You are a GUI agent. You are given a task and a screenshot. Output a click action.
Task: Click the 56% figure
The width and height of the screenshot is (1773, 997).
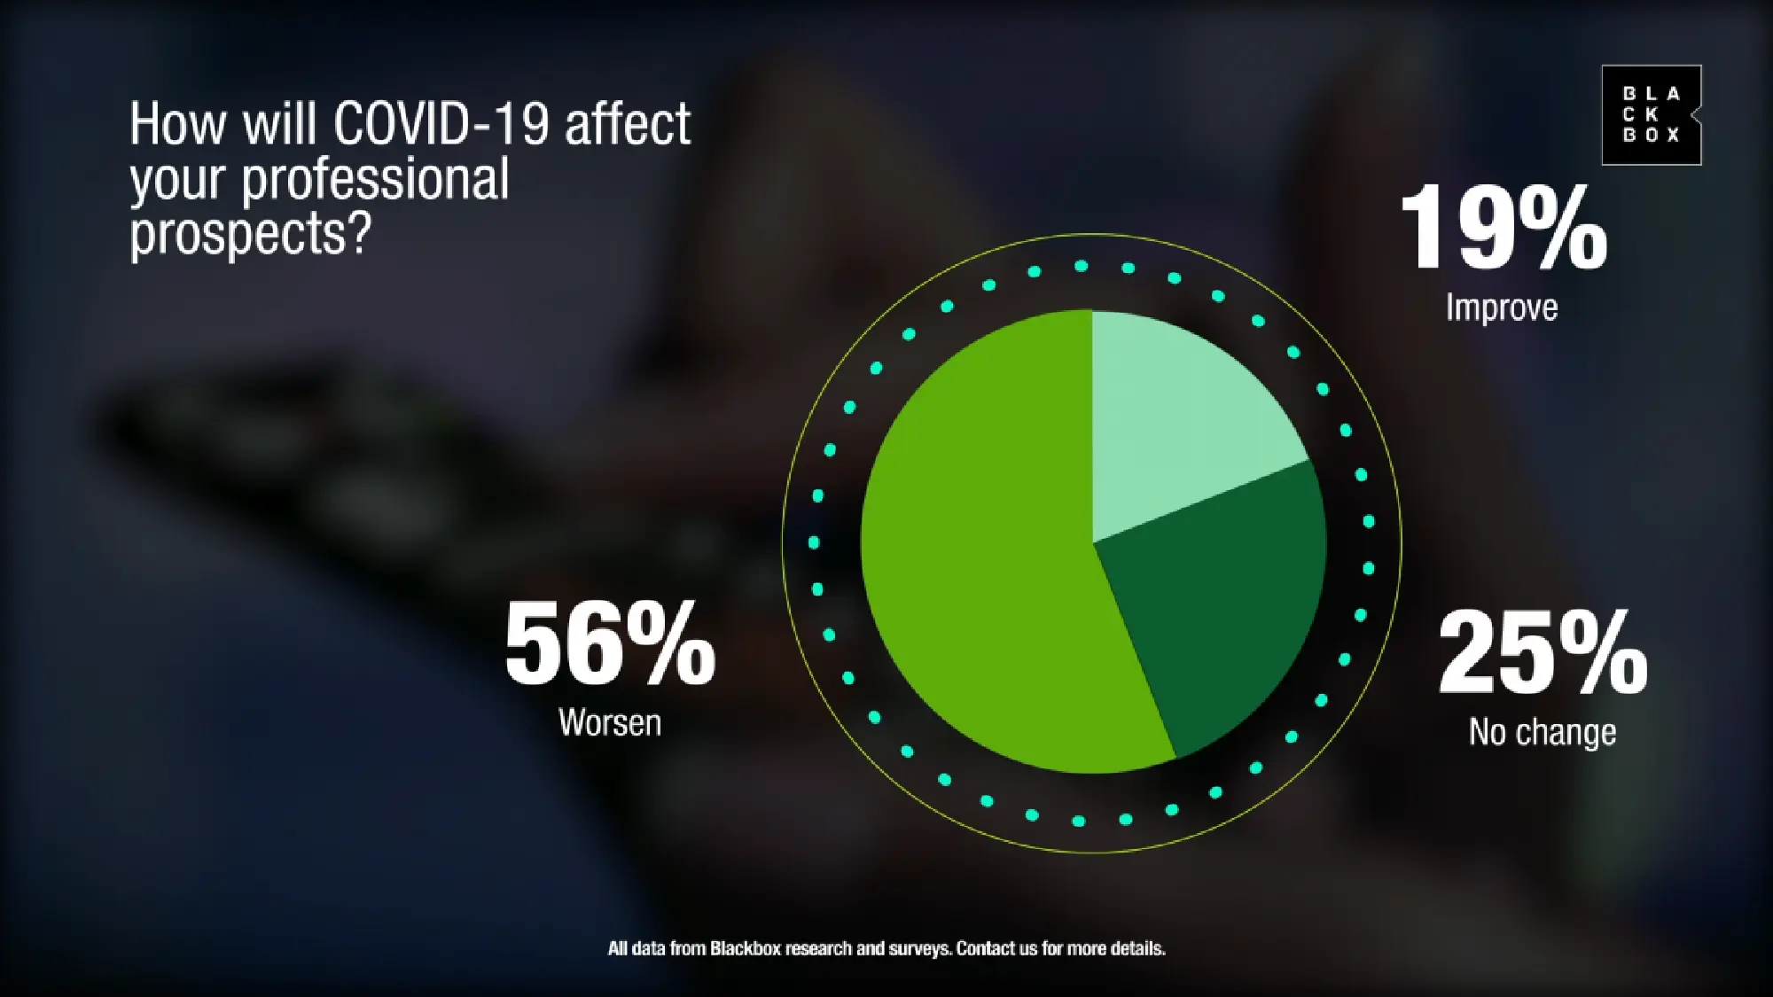610,643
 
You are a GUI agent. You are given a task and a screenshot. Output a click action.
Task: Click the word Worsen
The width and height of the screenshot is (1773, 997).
610,722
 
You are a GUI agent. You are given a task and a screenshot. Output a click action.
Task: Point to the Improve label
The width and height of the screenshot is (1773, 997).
1502,308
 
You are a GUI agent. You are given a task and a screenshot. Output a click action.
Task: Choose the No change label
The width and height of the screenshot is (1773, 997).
1543,732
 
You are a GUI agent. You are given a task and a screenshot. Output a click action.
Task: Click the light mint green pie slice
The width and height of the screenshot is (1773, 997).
1179,417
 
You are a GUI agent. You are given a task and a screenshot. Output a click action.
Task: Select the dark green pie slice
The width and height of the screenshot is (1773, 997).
1223,603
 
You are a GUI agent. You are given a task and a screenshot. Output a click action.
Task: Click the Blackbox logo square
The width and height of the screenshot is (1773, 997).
1652,115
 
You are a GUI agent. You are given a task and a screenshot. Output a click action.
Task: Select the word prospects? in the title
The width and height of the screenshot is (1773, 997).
249,235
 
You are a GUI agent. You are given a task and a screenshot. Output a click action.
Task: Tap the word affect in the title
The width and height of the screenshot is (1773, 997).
628,123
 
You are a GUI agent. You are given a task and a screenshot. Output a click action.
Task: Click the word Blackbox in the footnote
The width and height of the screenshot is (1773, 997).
746,948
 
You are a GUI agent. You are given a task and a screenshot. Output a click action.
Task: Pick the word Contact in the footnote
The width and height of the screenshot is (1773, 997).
985,948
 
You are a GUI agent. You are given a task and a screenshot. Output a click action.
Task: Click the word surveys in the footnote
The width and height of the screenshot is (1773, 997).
920,949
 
